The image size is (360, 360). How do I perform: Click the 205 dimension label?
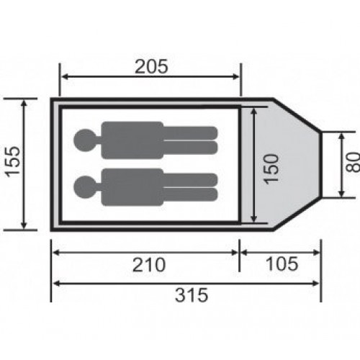pyautogui.click(x=151, y=66)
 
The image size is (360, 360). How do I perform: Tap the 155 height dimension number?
pyautogui.click(x=13, y=162)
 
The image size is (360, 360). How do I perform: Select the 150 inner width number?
pyautogui.click(x=272, y=169)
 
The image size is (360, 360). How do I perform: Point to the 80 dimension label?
pyautogui.click(x=353, y=162)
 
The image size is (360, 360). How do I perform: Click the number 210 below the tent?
pyautogui.click(x=149, y=265)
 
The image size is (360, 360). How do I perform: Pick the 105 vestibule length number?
pyautogui.click(x=282, y=264)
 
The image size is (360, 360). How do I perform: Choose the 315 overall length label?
pyautogui.click(x=192, y=295)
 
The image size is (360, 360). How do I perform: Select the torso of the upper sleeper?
pyautogui.click(x=132, y=140)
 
